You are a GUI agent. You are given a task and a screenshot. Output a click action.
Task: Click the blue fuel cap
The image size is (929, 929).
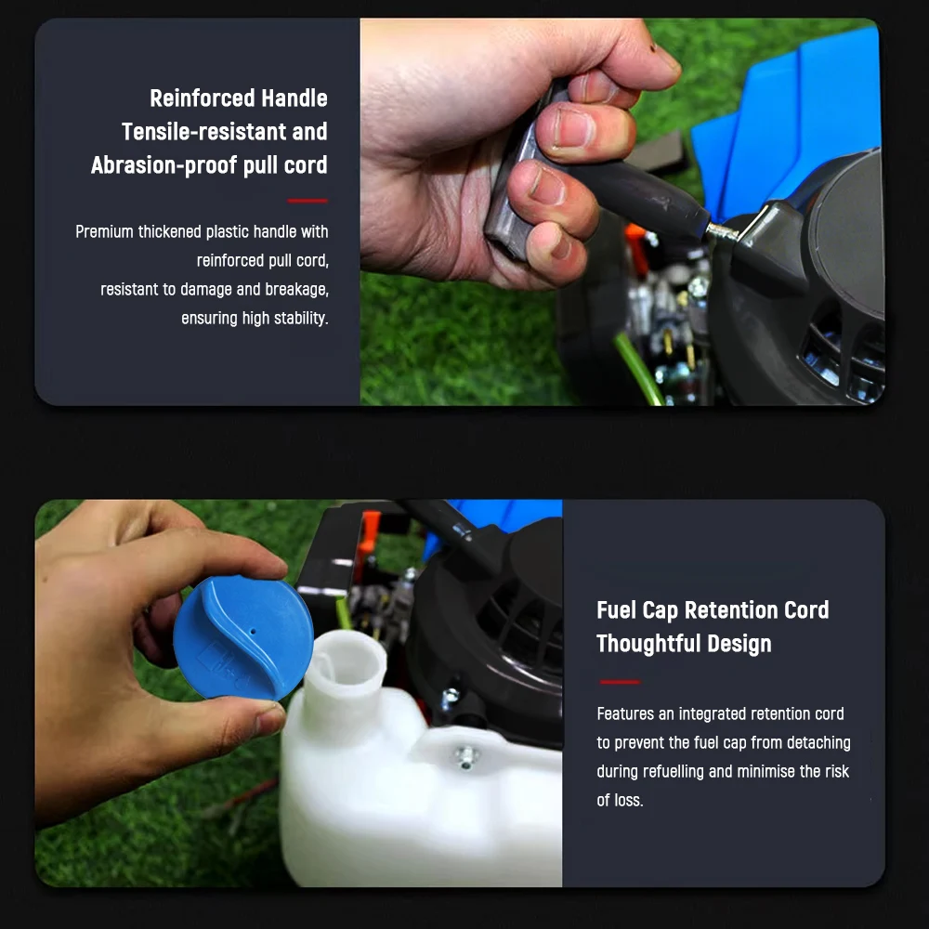pyautogui.click(x=242, y=638)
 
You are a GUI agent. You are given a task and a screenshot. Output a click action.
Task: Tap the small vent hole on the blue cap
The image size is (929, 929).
pyautogui.click(x=253, y=632)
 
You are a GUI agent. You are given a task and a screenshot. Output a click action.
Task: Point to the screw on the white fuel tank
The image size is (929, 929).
pyautogui.click(x=466, y=756)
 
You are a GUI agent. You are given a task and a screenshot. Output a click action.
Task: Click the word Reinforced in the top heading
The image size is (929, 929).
pyautogui.click(x=202, y=98)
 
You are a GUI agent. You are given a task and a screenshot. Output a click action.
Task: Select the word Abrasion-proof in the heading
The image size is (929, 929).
pyautogui.click(x=164, y=165)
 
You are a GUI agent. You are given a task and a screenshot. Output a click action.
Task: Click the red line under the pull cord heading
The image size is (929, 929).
pyautogui.click(x=307, y=201)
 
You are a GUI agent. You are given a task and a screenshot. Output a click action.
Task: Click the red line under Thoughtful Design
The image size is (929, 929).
pyautogui.click(x=620, y=682)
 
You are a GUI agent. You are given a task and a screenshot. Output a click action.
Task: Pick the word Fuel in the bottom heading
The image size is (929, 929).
pyautogui.click(x=616, y=610)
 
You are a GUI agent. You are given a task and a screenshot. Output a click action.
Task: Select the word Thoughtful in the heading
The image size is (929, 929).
pyautogui.click(x=648, y=644)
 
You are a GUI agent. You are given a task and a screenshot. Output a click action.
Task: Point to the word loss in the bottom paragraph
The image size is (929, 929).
pyautogui.click(x=628, y=801)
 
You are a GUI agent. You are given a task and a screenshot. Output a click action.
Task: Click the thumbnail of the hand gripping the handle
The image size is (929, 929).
pyautogui.click(x=622, y=212)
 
